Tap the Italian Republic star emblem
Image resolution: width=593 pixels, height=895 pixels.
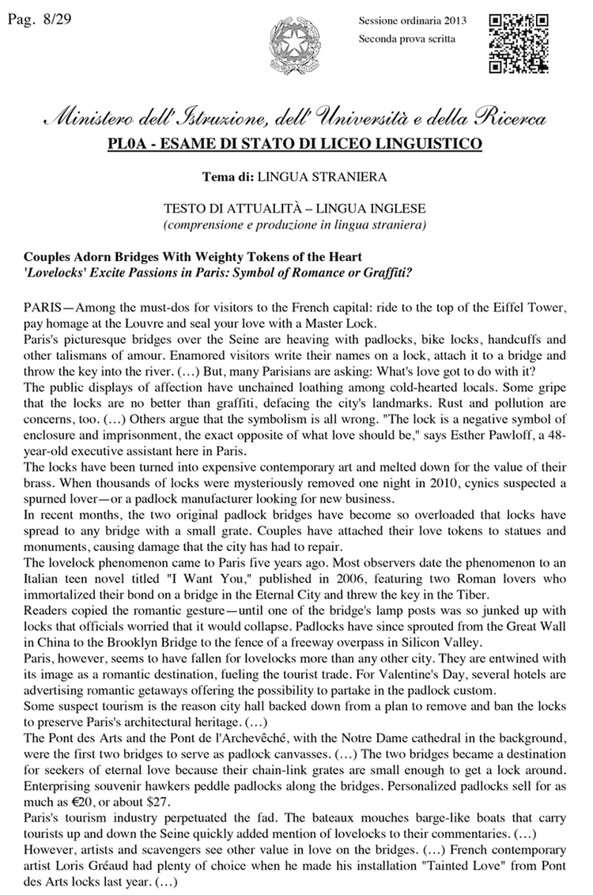tap(291, 47)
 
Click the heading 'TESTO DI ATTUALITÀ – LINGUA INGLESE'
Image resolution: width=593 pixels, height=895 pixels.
tap(295, 210)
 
